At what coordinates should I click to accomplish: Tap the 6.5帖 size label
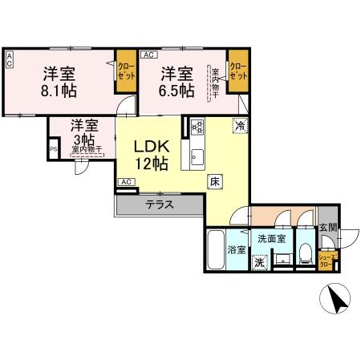tap(176, 90)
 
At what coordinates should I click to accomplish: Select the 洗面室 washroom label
tap(272, 238)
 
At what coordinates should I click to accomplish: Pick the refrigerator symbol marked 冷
tap(239, 124)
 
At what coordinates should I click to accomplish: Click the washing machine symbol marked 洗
tap(259, 262)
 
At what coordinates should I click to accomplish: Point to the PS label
tap(54, 149)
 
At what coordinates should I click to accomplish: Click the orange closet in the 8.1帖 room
tap(126, 70)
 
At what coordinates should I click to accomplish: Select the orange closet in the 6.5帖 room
tap(237, 70)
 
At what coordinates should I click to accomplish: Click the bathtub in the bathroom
tap(215, 252)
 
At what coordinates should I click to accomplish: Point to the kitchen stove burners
tap(197, 126)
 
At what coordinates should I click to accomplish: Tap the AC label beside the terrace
tap(125, 182)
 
